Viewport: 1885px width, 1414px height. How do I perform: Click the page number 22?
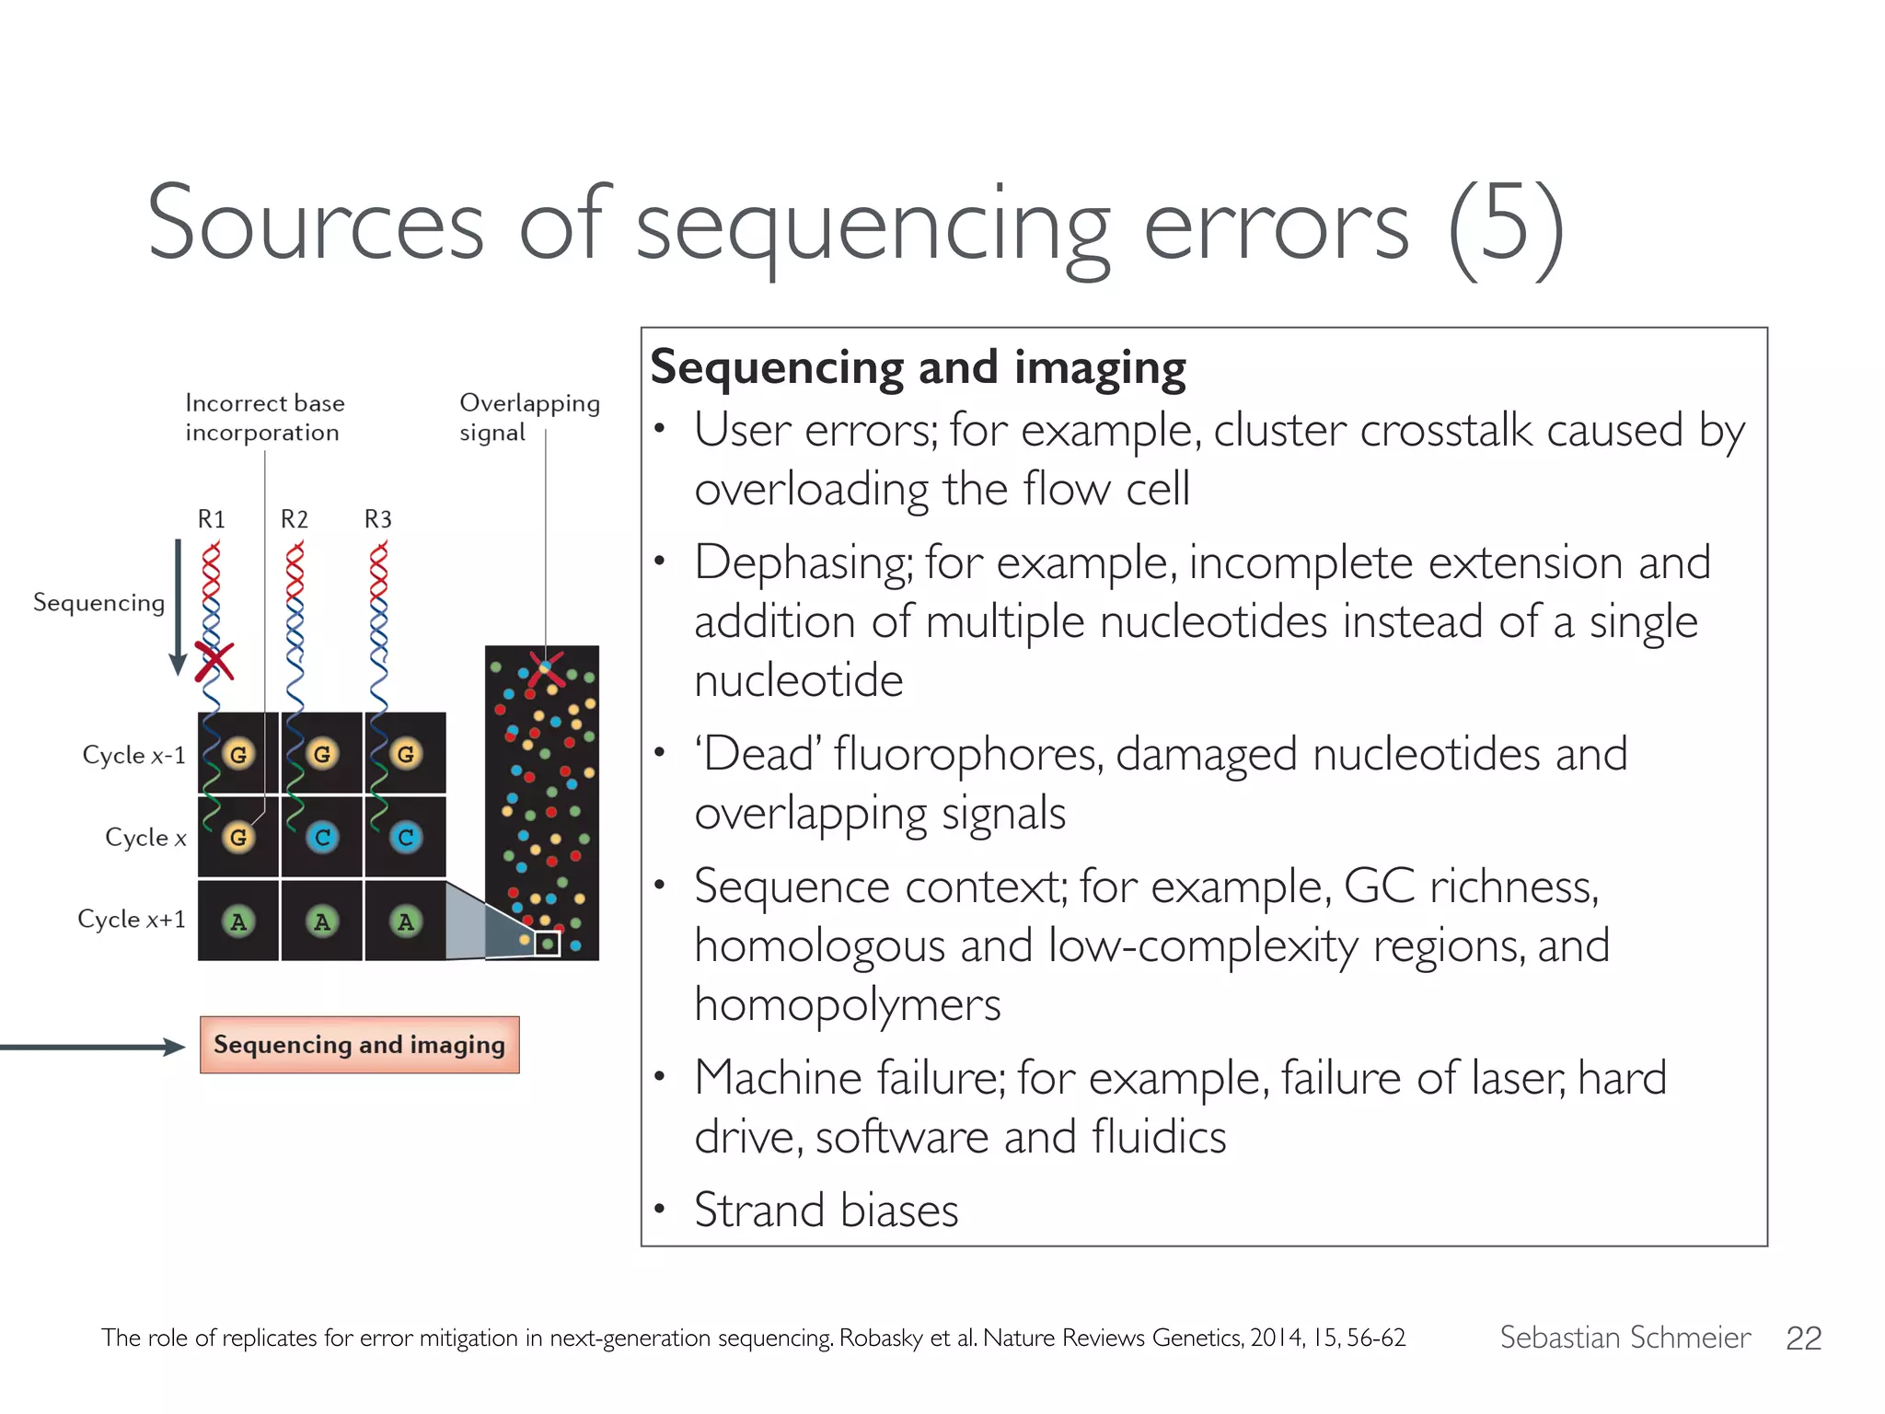click(x=1803, y=1338)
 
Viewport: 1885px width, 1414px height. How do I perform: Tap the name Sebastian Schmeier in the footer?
click(x=1625, y=1337)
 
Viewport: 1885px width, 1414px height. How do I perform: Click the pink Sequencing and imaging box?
click(x=359, y=1045)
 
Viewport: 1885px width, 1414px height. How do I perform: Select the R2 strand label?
click(x=295, y=519)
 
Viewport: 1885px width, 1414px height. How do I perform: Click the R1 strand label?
click(x=211, y=519)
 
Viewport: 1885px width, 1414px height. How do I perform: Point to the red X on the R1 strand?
click(x=214, y=662)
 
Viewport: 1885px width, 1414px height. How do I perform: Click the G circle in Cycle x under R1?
click(x=238, y=837)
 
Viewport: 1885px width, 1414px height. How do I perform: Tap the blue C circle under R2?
click(x=322, y=837)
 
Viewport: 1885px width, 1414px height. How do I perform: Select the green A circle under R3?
click(x=406, y=921)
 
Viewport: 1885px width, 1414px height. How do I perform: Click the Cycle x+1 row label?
click(x=132, y=919)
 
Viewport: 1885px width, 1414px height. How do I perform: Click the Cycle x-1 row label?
click(x=133, y=755)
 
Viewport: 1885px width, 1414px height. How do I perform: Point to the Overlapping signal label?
click(x=528, y=417)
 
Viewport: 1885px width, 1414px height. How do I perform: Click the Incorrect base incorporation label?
click(x=264, y=417)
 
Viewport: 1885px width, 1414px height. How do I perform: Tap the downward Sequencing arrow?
click(x=178, y=608)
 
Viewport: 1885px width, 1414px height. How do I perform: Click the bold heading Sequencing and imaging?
click(x=918, y=367)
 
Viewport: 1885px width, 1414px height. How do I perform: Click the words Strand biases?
click(x=826, y=1210)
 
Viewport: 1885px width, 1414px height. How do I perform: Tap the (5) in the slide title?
click(x=1506, y=226)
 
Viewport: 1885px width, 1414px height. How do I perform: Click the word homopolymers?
click(x=847, y=1004)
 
